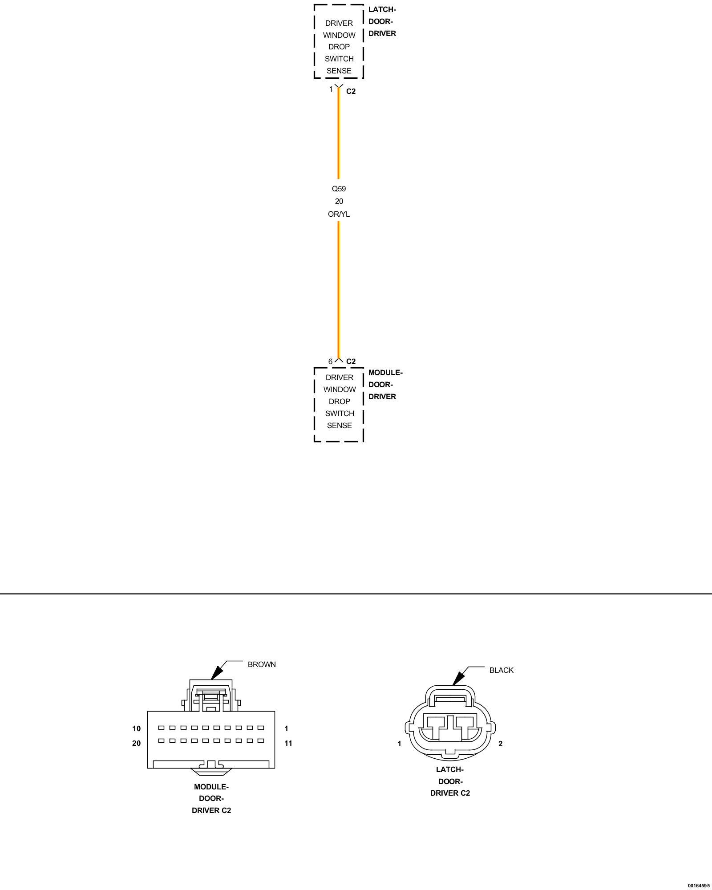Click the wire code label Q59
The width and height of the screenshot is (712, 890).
pos(339,189)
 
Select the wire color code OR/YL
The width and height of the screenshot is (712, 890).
pos(339,214)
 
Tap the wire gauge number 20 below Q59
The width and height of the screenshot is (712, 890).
pos(339,201)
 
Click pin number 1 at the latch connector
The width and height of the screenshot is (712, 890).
pos(331,89)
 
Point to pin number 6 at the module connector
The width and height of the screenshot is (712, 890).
pos(330,361)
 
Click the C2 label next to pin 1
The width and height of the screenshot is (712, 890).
pos(351,91)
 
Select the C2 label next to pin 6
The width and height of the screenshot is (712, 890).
pos(351,361)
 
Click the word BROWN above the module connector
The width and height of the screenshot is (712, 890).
pos(262,664)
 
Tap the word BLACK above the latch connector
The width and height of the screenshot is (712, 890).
pos(501,670)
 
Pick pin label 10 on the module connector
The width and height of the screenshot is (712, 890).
pos(136,728)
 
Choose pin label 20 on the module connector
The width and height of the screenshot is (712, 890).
pos(136,743)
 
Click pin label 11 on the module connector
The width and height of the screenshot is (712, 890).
pos(288,743)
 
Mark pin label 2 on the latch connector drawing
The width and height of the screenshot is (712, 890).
pos(500,744)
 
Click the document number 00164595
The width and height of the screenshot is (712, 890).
pos(698,886)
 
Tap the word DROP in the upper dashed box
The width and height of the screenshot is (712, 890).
pos(339,47)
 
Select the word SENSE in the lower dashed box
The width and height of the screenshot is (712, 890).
pos(339,425)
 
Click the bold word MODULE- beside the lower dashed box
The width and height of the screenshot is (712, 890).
pos(385,372)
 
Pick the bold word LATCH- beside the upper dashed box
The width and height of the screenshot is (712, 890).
pos(382,9)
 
